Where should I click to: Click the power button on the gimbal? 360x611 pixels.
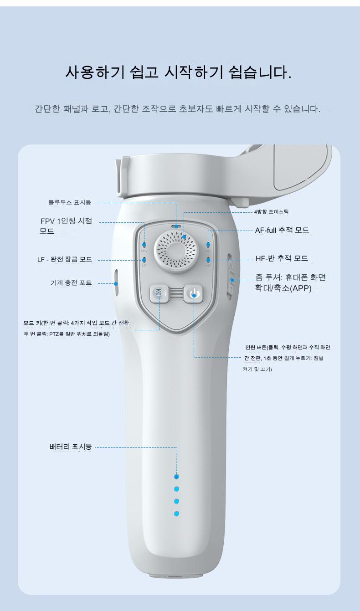click(x=194, y=294)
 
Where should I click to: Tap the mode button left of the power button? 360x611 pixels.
click(x=159, y=293)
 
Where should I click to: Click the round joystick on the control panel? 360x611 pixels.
click(x=175, y=250)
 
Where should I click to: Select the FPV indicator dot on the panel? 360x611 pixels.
click(x=144, y=245)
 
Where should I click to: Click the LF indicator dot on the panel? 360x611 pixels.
click(x=144, y=260)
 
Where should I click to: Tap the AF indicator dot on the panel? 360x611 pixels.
click(x=208, y=244)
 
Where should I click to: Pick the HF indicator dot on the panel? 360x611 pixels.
click(x=208, y=259)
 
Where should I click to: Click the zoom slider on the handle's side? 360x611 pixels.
click(x=231, y=277)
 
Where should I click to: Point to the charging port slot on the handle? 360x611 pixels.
click(x=116, y=283)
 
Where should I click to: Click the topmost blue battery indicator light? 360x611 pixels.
click(x=176, y=477)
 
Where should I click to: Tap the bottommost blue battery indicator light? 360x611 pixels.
click(x=176, y=513)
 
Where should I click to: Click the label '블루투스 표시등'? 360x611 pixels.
click(x=70, y=202)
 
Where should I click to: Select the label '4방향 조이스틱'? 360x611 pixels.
click(x=271, y=212)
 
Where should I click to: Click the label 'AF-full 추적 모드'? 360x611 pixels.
click(x=282, y=230)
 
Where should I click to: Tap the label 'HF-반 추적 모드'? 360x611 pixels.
click(x=282, y=258)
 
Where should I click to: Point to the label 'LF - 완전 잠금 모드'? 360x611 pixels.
click(x=65, y=259)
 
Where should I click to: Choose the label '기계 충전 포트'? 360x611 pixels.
click(x=71, y=283)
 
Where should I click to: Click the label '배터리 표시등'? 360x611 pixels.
click(x=71, y=447)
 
